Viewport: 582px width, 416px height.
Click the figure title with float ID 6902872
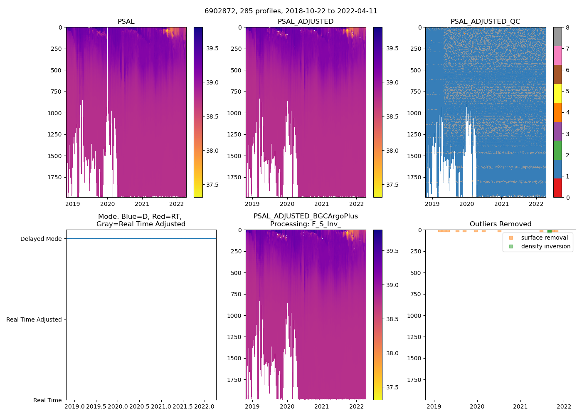pyautogui.click(x=291, y=11)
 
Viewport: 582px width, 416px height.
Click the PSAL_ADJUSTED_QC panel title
pyautogui.click(x=485, y=22)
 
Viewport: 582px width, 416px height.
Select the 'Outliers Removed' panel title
pyautogui.click(x=500, y=224)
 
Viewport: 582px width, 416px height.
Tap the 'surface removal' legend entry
pyautogui.click(x=544, y=238)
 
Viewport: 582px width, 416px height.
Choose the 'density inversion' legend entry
pyautogui.click(x=545, y=246)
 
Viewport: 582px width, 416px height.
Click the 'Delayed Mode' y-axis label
pyautogui.click(x=41, y=239)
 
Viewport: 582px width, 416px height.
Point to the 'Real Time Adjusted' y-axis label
pyautogui.click(x=34, y=319)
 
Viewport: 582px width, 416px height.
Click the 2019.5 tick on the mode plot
pyautogui.click(x=96, y=406)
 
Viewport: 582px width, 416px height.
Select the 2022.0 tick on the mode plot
pyautogui.click(x=204, y=406)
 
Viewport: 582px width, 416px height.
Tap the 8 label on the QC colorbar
pyautogui.click(x=567, y=27)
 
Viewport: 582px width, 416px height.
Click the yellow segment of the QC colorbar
pyautogui.click(x=557, y=94)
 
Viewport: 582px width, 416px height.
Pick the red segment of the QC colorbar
pyautogui.click(x=557, y=188)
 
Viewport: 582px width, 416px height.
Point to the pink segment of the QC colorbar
pyautogui.click(x=557, y=55)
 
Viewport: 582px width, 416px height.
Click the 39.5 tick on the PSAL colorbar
pyautogui.click(x=212, y=48)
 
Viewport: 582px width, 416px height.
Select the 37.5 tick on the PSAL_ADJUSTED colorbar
pyautogui.click(x=392, y=185)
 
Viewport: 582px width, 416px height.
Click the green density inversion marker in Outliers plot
pyautogui.click(x=549, y=231)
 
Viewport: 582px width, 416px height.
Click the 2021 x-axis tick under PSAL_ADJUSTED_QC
pyautogui.click(x=501, y=204)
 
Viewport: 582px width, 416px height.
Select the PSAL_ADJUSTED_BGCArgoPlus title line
pyautogui.click(x=306, y=216)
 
